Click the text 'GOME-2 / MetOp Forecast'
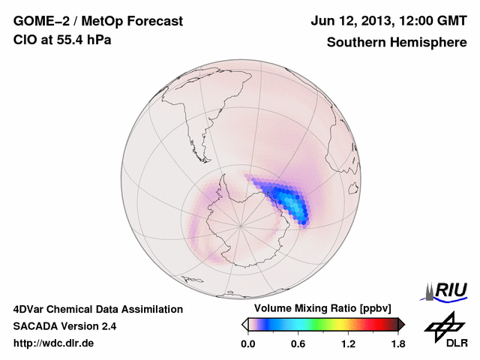(97, 22)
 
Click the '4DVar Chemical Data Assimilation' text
(97, 309)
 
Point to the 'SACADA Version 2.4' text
(64, 326)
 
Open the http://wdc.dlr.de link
(54, 343)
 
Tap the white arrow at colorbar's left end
(244, 324)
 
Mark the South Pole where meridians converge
(240, 224)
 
